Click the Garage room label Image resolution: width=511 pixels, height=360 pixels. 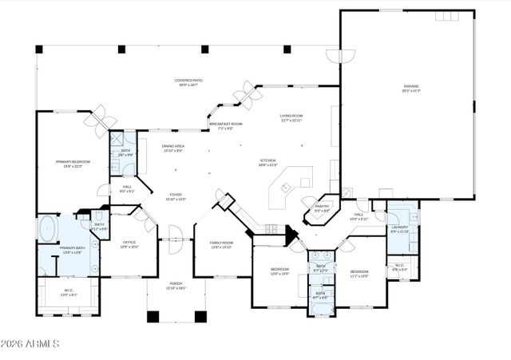(411, 88)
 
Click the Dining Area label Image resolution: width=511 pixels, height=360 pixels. (173, 148)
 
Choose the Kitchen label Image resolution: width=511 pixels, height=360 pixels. (267, 163)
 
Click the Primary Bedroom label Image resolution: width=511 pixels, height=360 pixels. (73, 164)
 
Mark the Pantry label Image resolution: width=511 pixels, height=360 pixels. (322, 208)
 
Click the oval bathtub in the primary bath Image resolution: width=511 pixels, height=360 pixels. (48, 228)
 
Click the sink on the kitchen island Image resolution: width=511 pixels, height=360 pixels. (286, 188)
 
